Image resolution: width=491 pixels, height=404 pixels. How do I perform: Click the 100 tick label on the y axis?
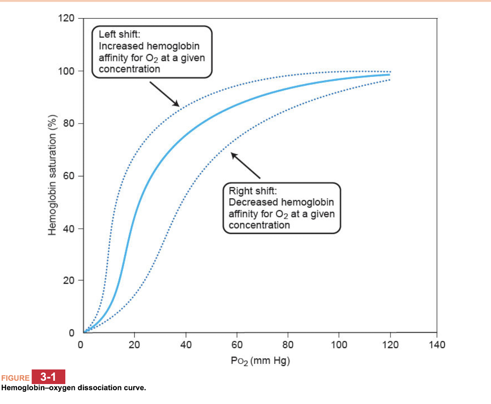pyautogui.click(x=66, y=71)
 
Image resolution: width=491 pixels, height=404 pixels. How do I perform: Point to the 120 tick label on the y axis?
pyautogui.click(x=66, y=18)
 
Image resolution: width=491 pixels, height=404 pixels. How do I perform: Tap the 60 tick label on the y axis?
pyautogui.click(x=69, y=176)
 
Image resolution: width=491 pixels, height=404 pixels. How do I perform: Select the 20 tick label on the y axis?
pyautogui.click(x=69, y=280)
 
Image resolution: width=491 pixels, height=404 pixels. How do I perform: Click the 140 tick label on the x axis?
pyautogui.click(x=437, y=345)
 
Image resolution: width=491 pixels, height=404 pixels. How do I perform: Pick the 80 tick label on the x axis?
pyautogui.click(x=288, y=345)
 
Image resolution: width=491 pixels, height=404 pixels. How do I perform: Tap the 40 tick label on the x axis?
pyautogui.click(x=186, y=345)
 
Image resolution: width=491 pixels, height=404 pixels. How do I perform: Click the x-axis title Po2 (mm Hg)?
pyautogui.click(x=260, y=361)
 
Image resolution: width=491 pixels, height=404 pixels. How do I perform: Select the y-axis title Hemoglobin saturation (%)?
pyautogui.click(x=52, y=175)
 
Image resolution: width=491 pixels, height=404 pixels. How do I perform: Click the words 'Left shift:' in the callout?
pyautogui.click(x=119, y=34)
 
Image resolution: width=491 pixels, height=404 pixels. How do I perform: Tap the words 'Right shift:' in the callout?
pyautogui.click(x=253, y=191)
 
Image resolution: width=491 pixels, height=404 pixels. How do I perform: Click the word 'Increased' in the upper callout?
pyautogui.click(x=121, y=46)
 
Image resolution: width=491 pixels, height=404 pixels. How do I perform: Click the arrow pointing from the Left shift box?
pyautogui.click(x=165, y=94)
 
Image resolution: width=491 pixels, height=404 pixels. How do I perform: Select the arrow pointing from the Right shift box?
pyautogui.click(x=245, y=165)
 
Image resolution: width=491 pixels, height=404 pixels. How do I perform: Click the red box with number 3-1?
pyautogui.click(x=48, y=377)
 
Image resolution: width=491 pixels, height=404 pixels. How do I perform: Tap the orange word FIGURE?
pyautogui.click(x=15, y=378)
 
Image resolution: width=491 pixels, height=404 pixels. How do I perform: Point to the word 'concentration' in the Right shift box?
pyautogui.click(x=259, y=225)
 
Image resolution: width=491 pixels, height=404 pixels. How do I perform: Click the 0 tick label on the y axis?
pyautogui.click(x=72, y=333)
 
